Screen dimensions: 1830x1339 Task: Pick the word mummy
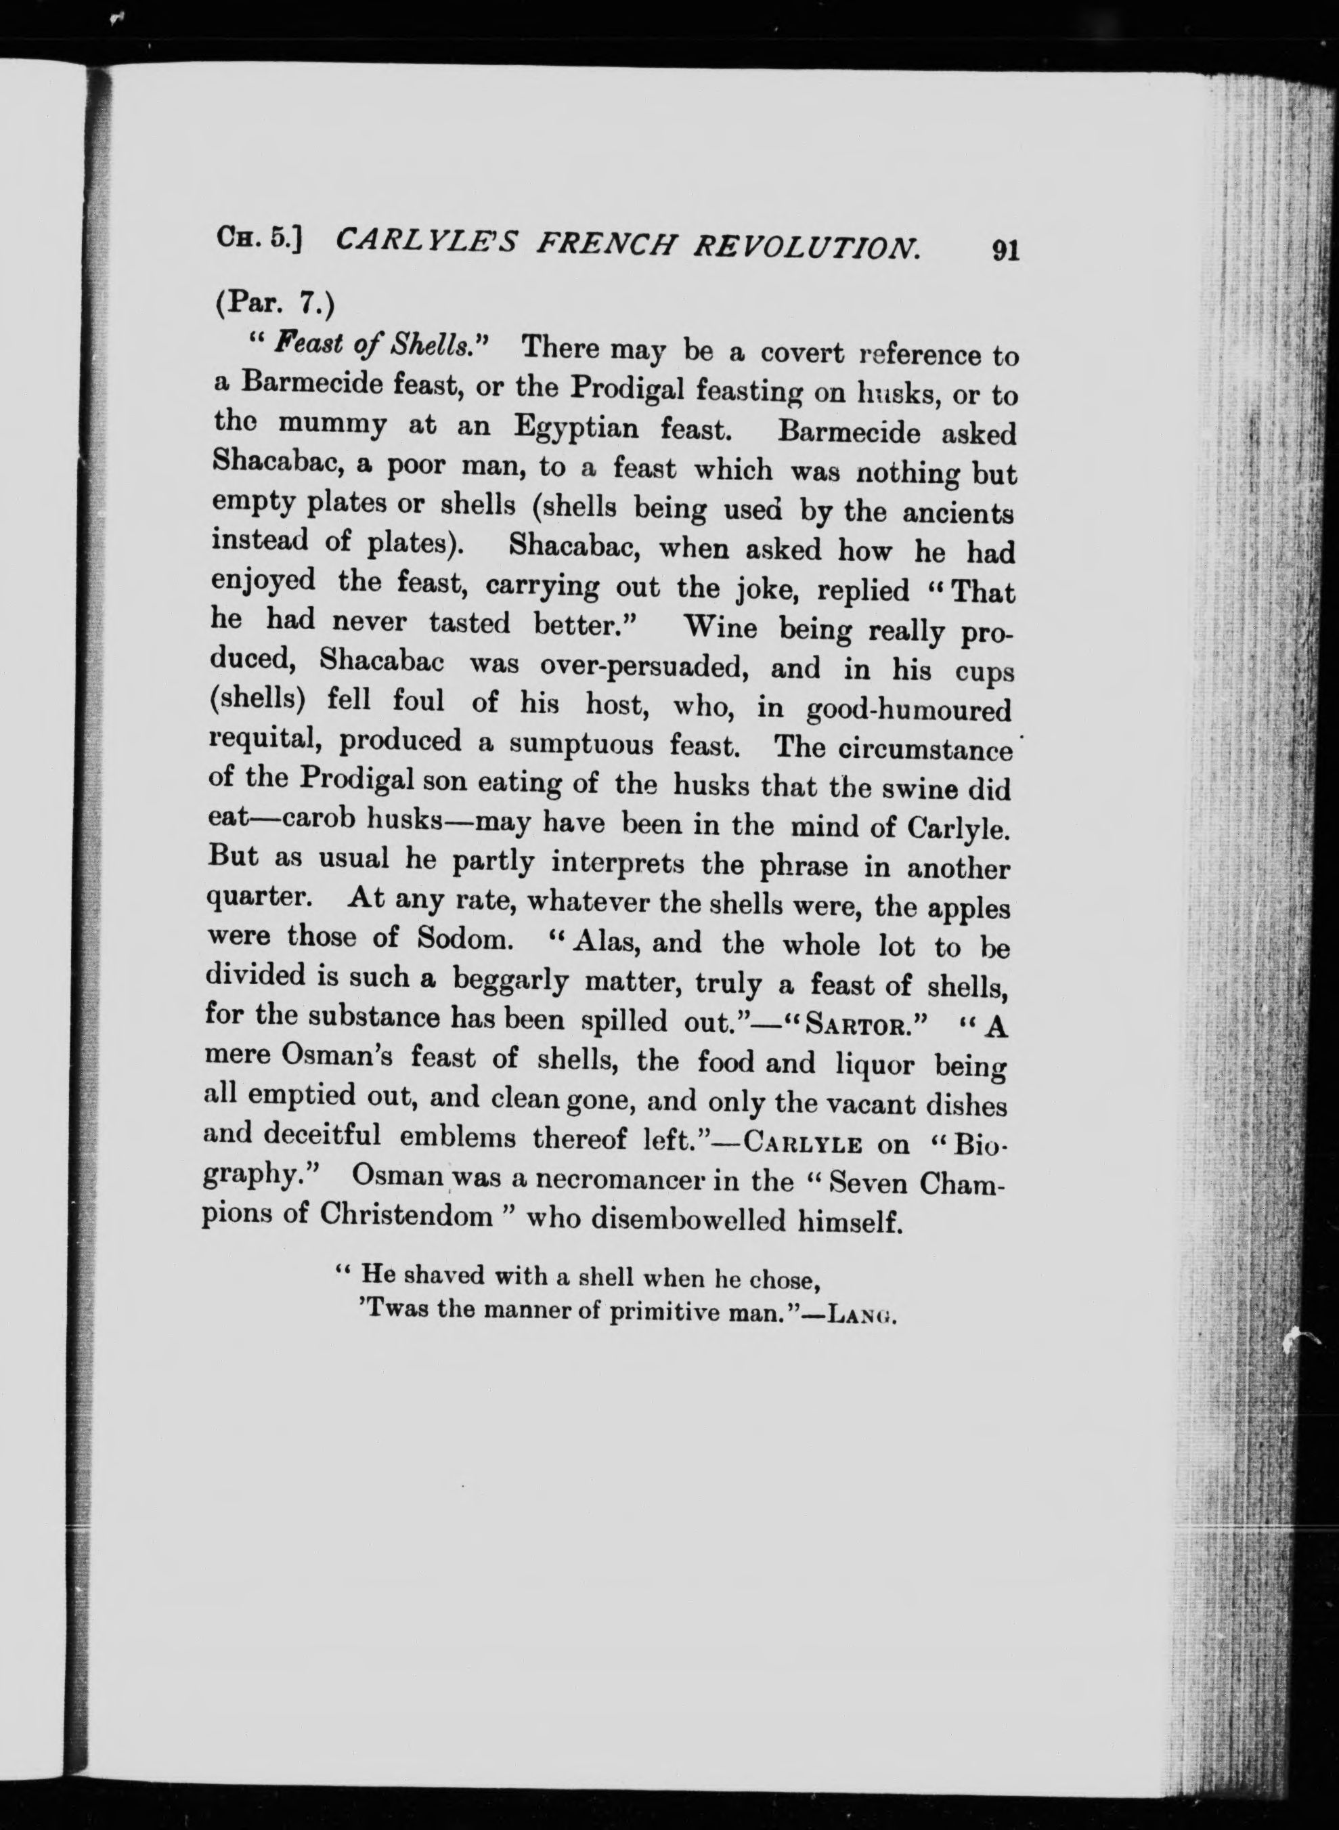coord(332,423)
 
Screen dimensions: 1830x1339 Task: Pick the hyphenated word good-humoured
coord(908,710)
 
